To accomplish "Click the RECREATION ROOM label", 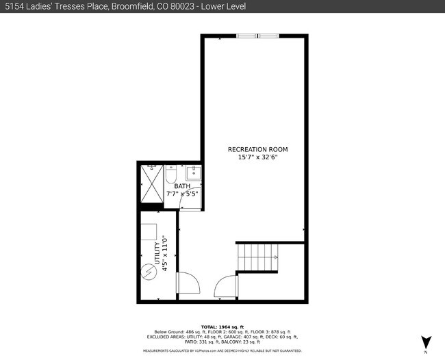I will click(x=257, y=149).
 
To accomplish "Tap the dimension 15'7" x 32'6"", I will click(x=257, y=157).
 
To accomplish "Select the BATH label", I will click(x=181, y=186).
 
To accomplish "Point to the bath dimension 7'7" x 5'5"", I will click(x=181, y=194).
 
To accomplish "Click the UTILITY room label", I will click(x=157, y=253).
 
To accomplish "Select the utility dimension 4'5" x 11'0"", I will click(x=164, y=254).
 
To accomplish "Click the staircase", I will click(x=258, y=259).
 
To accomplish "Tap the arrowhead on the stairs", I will click(x=275, y=257).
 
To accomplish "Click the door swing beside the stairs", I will click(x=225, y=286).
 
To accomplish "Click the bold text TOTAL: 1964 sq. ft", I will click(x=222, y=326).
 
